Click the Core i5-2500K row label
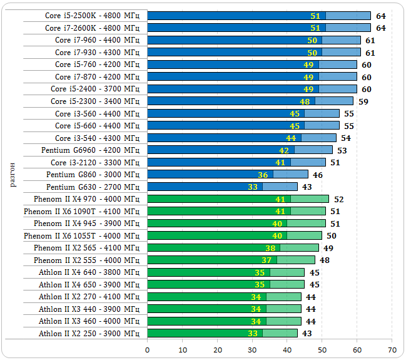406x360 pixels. (93, 16)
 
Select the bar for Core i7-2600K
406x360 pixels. (258, 28)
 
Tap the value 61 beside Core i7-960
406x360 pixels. (370, 40)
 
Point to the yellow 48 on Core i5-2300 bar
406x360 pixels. (305, 101)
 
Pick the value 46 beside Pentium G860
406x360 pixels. (318, 175)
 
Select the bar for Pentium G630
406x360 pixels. (222, 187)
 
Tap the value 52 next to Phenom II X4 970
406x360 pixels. (338, 199)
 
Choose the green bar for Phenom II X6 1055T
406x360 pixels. (235, 235)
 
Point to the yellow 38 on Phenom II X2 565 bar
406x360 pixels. (270, 248)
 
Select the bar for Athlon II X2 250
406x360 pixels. (222, 333)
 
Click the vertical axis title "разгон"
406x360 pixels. (13, 174)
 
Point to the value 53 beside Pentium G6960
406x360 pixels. (342, 150)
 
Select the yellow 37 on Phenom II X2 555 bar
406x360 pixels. (266, 260)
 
